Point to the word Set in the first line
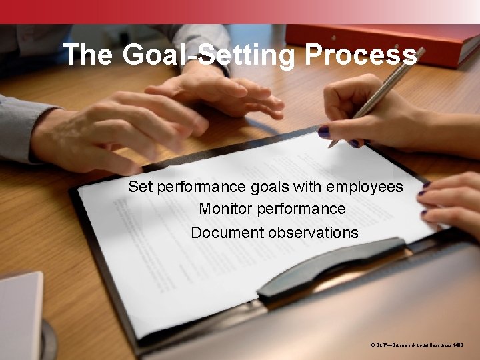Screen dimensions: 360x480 [x=141, y=187]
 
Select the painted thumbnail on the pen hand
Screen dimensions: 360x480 [x=324, y=131]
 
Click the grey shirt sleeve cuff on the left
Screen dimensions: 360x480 [x=20, y=127]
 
